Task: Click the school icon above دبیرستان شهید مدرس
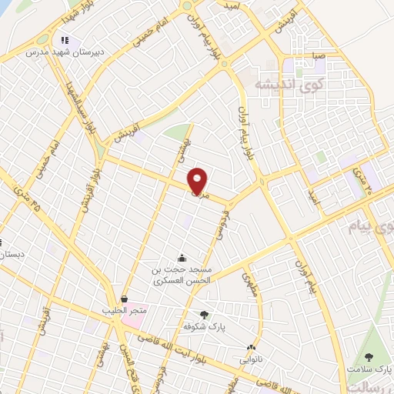coord(65,40)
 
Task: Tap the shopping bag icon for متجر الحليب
coord(124,298)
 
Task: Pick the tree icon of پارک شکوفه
coord(204,315)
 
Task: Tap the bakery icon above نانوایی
coord(251,347)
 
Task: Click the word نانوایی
coord(250,359)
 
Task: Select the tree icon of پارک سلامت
coord(369,357)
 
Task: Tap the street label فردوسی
coord(222,228)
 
